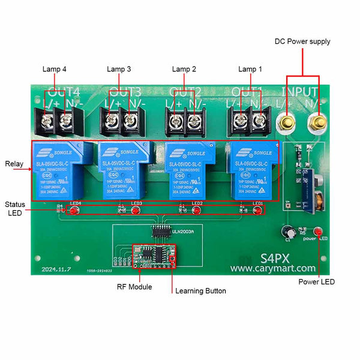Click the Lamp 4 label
point(55,69)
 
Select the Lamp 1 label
point(250,69)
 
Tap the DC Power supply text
point(302,41)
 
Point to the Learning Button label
point(200,291)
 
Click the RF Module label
point(134,287)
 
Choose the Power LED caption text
point(317,282)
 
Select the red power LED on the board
point(318,232)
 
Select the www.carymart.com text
point(273,269)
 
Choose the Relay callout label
point(14,164)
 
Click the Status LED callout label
point(16,208)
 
